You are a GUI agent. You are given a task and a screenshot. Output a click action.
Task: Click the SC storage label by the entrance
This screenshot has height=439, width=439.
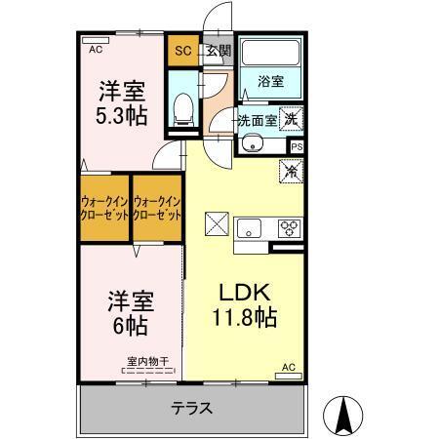click(x=182, y=50)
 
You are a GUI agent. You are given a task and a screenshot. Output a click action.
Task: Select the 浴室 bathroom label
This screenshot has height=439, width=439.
click(x=271, y=83)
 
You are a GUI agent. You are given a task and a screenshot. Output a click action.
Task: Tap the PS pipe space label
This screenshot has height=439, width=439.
click(x=297, y=147)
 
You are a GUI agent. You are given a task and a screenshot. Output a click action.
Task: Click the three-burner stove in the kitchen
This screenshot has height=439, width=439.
click(x=290, y=230)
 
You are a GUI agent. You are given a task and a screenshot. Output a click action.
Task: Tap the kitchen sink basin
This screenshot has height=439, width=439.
click(x=250, y=230)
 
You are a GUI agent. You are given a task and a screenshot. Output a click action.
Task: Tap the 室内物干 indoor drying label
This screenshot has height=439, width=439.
click(x=145, y=362)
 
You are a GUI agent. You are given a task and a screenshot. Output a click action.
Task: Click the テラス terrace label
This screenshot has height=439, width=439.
click(x=191, y=408)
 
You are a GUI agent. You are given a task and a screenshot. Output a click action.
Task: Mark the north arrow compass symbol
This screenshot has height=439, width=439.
click(x=343, y=417)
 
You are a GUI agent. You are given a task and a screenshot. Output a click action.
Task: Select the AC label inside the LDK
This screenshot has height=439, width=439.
click(x=288, y=367)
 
